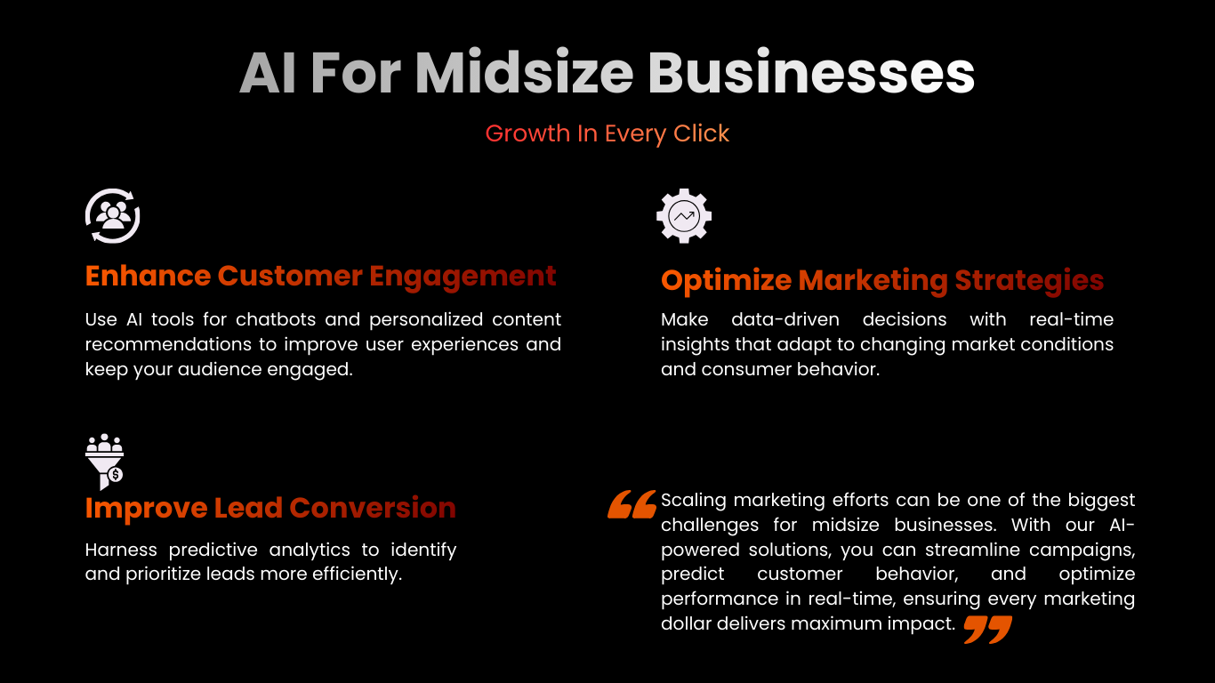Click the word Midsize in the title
[x=524, y=73]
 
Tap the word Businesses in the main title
[x=811, y=73]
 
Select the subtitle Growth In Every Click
[x=607, y=133]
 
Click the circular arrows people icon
[x=113, y=216]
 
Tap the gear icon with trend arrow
[x=684, y=216]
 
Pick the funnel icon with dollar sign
[x=105, y=462]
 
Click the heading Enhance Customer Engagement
[x=320, y=277]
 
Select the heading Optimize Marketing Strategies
[x=882, y=281]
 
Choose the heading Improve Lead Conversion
[x=270, y=509]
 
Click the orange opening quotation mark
[x=632, y=504]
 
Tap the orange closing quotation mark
[x=987, y=630]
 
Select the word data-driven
[x=785, y=319]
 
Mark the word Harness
[x=121, y=550]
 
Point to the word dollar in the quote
[x=686, y=624]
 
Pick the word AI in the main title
[x=268, y=73]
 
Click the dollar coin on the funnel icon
[x=115, y=476]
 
